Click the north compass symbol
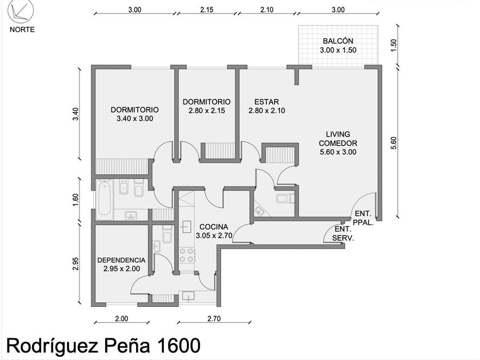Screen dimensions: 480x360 (x=21, y=11)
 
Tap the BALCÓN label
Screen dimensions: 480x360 (x=338, y=41)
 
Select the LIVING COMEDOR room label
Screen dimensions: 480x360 (x=338, y=139)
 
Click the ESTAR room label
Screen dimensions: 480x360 (x=267, y=102)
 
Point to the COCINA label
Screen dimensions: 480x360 (x=214, y=227)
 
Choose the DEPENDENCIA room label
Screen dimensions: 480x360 (x=121, y=260)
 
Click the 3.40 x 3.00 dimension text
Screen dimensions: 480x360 (x=135, y=118)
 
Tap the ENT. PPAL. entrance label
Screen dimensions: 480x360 (x=363, y=218)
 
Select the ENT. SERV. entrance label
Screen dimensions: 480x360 (x=343, y=234)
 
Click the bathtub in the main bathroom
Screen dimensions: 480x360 (x=104, y=198)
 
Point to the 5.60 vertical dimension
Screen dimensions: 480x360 (x=394, y=143)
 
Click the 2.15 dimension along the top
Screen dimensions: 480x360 (x=207, y=10)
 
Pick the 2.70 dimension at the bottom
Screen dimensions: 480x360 (x=214, y=319)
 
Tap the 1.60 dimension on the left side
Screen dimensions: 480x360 (x=75, y=199)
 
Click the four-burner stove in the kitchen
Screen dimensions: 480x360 (x=187, y=255)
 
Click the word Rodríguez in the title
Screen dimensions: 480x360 (x=53, y=346)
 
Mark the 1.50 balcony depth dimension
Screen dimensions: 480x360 (x=394, y=45)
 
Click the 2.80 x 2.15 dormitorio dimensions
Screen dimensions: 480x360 (x=207, y=110)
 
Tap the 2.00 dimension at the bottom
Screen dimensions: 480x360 (x=122, y=319)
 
